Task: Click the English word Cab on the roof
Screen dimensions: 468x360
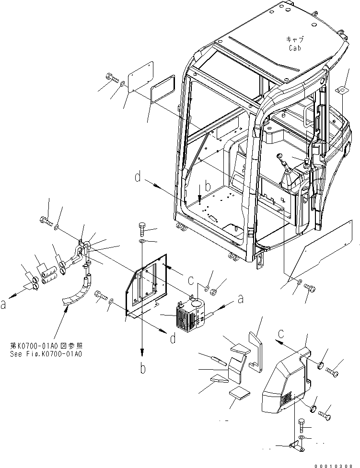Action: [x=294, y=48]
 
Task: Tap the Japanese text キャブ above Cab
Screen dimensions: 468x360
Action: [x=294, y=40]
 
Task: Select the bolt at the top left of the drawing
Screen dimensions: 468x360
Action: [x=111, y=77]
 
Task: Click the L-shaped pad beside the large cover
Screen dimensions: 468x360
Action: [x=256, y=352]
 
